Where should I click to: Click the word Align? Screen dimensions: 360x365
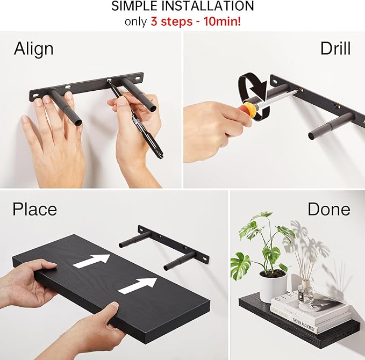(33, 48)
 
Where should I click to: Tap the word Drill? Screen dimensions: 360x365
(335, 48)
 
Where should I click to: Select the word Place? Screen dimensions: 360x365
(34, 208)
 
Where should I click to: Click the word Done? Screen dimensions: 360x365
(328, 209)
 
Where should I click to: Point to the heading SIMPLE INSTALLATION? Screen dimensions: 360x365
(182, 6)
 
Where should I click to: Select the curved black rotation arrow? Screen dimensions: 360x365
(252, 86)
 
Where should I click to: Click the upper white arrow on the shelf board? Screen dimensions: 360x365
(94, 261)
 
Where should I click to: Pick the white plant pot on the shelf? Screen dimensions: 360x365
(272, 286)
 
